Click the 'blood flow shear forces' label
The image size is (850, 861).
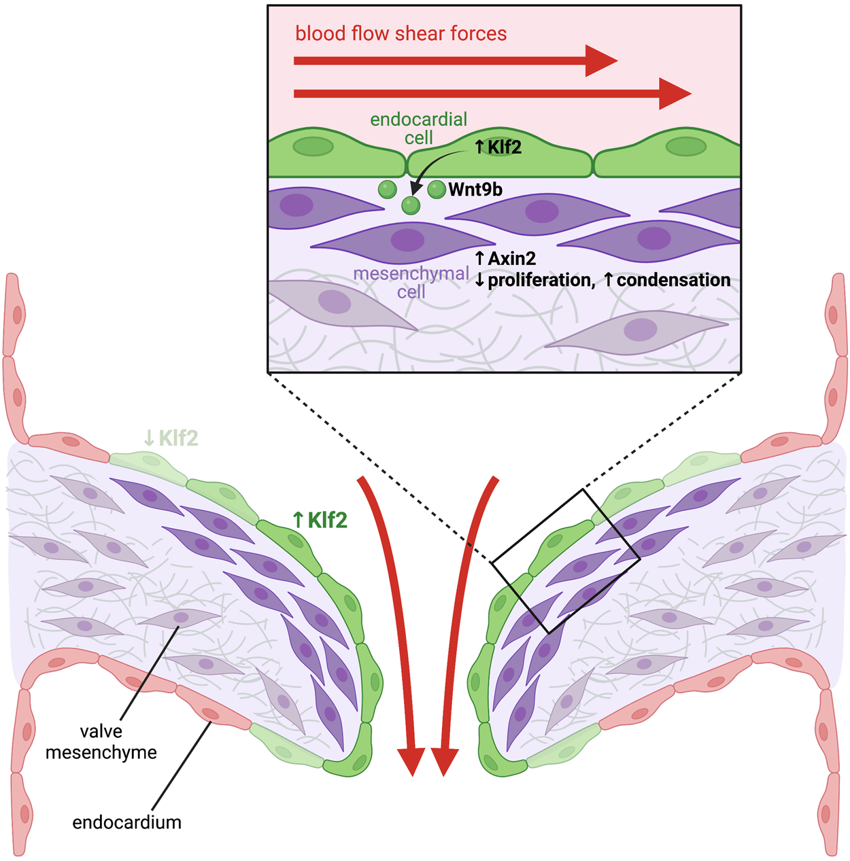401,34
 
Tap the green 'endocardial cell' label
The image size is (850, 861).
418,128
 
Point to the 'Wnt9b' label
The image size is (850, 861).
475,190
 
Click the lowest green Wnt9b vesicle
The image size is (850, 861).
411,205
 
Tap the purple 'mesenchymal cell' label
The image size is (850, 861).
411,282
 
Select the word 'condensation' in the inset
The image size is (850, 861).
673,280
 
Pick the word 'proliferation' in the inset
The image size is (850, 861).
541,280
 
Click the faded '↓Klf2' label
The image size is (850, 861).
171,438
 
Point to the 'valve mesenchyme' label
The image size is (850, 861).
101,741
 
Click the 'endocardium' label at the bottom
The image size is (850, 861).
126,822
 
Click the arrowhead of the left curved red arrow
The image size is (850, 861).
411,761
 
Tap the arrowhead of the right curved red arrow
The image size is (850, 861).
444,761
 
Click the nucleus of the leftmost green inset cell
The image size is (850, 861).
313,146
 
